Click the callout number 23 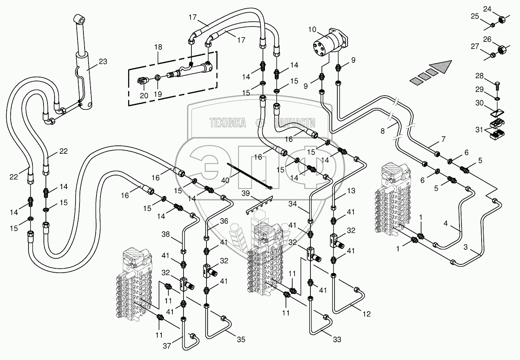click(103, 61)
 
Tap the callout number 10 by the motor click(312, 30)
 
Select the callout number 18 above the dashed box click(158, 47)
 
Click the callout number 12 click(367, 315)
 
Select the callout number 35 click(241, 339)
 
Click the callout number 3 click(466, 247)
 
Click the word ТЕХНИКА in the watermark click(228, 123)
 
